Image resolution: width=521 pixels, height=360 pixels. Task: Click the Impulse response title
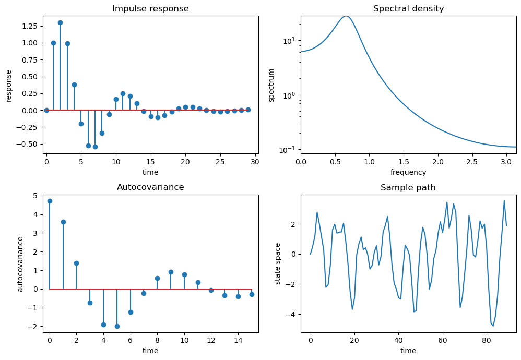(x=150, y=9)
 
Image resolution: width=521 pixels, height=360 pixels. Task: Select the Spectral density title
(x=408, y=9)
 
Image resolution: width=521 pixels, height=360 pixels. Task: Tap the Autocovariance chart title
(x=150, y=187)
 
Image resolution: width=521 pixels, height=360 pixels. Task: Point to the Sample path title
(x=408, y=187)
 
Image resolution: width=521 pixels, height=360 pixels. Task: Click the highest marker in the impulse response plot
(x=60, y=22)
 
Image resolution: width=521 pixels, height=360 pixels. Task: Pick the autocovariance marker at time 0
(x=50, y=201)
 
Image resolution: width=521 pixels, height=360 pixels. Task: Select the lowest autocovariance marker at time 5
(x=117, y=326)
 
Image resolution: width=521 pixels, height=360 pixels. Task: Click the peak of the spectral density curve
(x=346, y=16)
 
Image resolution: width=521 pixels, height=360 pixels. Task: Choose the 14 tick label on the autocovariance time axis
(x=238, y=340)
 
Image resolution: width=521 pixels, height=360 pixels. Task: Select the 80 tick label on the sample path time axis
(x=487, y=340)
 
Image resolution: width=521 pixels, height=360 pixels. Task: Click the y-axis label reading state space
(x=278, y=263)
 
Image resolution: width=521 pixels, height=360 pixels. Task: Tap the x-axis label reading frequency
(x=408, y=172)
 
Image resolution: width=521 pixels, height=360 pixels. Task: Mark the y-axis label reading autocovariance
(x=20, y=263)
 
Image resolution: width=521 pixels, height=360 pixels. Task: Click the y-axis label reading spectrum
(x=271, y=85)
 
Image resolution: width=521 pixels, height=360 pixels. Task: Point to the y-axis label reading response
(x=9, y=85)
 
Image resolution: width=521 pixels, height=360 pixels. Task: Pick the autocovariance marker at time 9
(x=171, y=272)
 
